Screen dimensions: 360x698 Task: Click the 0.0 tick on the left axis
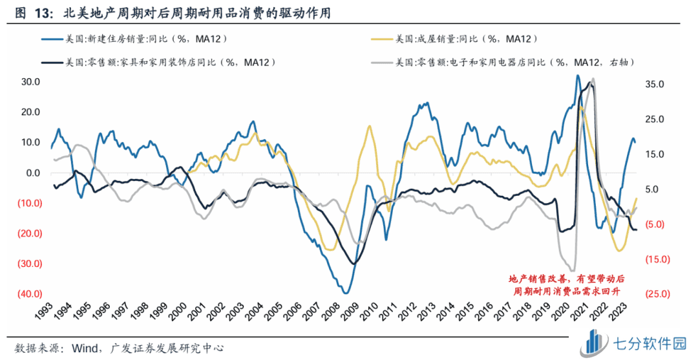(x=32, y=173)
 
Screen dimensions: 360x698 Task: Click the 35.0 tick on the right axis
(x=655, y=84)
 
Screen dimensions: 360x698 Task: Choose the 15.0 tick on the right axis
(x=655, y=154)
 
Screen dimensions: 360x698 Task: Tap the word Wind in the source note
(x=79, y=347)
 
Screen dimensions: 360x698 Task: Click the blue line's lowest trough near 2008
(x=346, y=293)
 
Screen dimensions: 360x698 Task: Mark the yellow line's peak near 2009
(x=370, y=126)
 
